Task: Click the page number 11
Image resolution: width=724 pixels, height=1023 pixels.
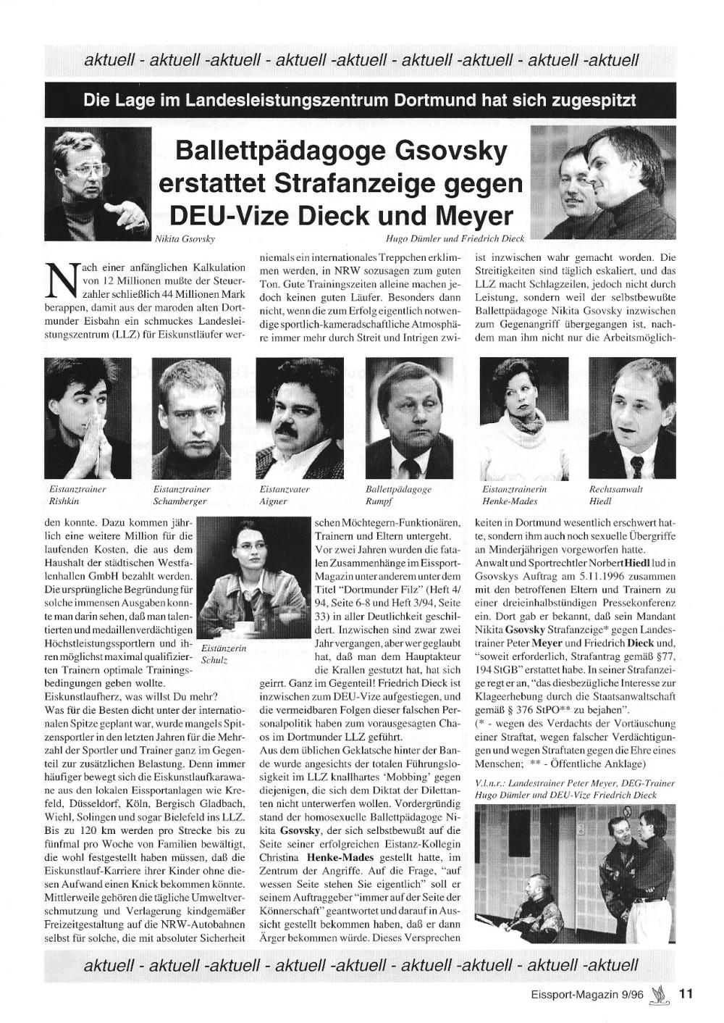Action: click(686, 994)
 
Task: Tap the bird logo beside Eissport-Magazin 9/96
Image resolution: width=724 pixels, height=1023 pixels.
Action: click(660, 995)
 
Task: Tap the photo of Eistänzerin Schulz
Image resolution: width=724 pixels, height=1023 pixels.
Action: click(245, 577)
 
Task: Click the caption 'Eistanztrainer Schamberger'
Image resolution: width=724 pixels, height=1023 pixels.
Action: click(181, 496)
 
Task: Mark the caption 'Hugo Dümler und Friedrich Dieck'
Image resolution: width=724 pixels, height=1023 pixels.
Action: click(455, 238)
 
